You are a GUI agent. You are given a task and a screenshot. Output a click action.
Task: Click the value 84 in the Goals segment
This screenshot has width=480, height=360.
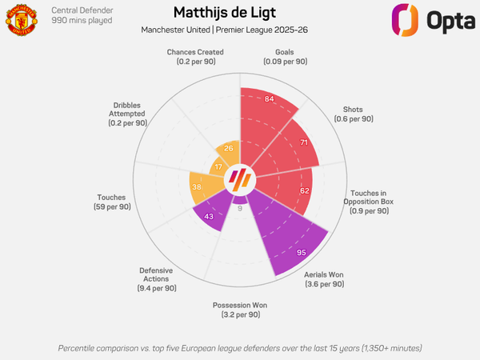(x=270, y=99)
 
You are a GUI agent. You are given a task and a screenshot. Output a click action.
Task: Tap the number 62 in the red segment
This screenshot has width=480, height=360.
(x=304, y=191)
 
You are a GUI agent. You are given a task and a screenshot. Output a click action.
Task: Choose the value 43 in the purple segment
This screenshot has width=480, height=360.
(x=208, y=217)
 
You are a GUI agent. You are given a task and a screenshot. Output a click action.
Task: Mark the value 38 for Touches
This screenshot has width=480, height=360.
(x=197, y=187)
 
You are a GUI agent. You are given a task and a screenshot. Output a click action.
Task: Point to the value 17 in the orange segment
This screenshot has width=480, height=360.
(x=219, y=166)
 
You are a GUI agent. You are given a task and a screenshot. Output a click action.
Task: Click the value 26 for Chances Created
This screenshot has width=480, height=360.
(x=229, y=148)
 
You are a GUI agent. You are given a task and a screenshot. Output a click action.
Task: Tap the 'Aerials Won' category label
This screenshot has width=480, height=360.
(x=324, y=279)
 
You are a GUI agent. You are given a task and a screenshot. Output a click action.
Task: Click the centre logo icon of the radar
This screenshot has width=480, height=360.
(x=240, y=179)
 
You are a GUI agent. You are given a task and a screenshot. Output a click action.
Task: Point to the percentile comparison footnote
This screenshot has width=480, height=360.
(x=240, y=348)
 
